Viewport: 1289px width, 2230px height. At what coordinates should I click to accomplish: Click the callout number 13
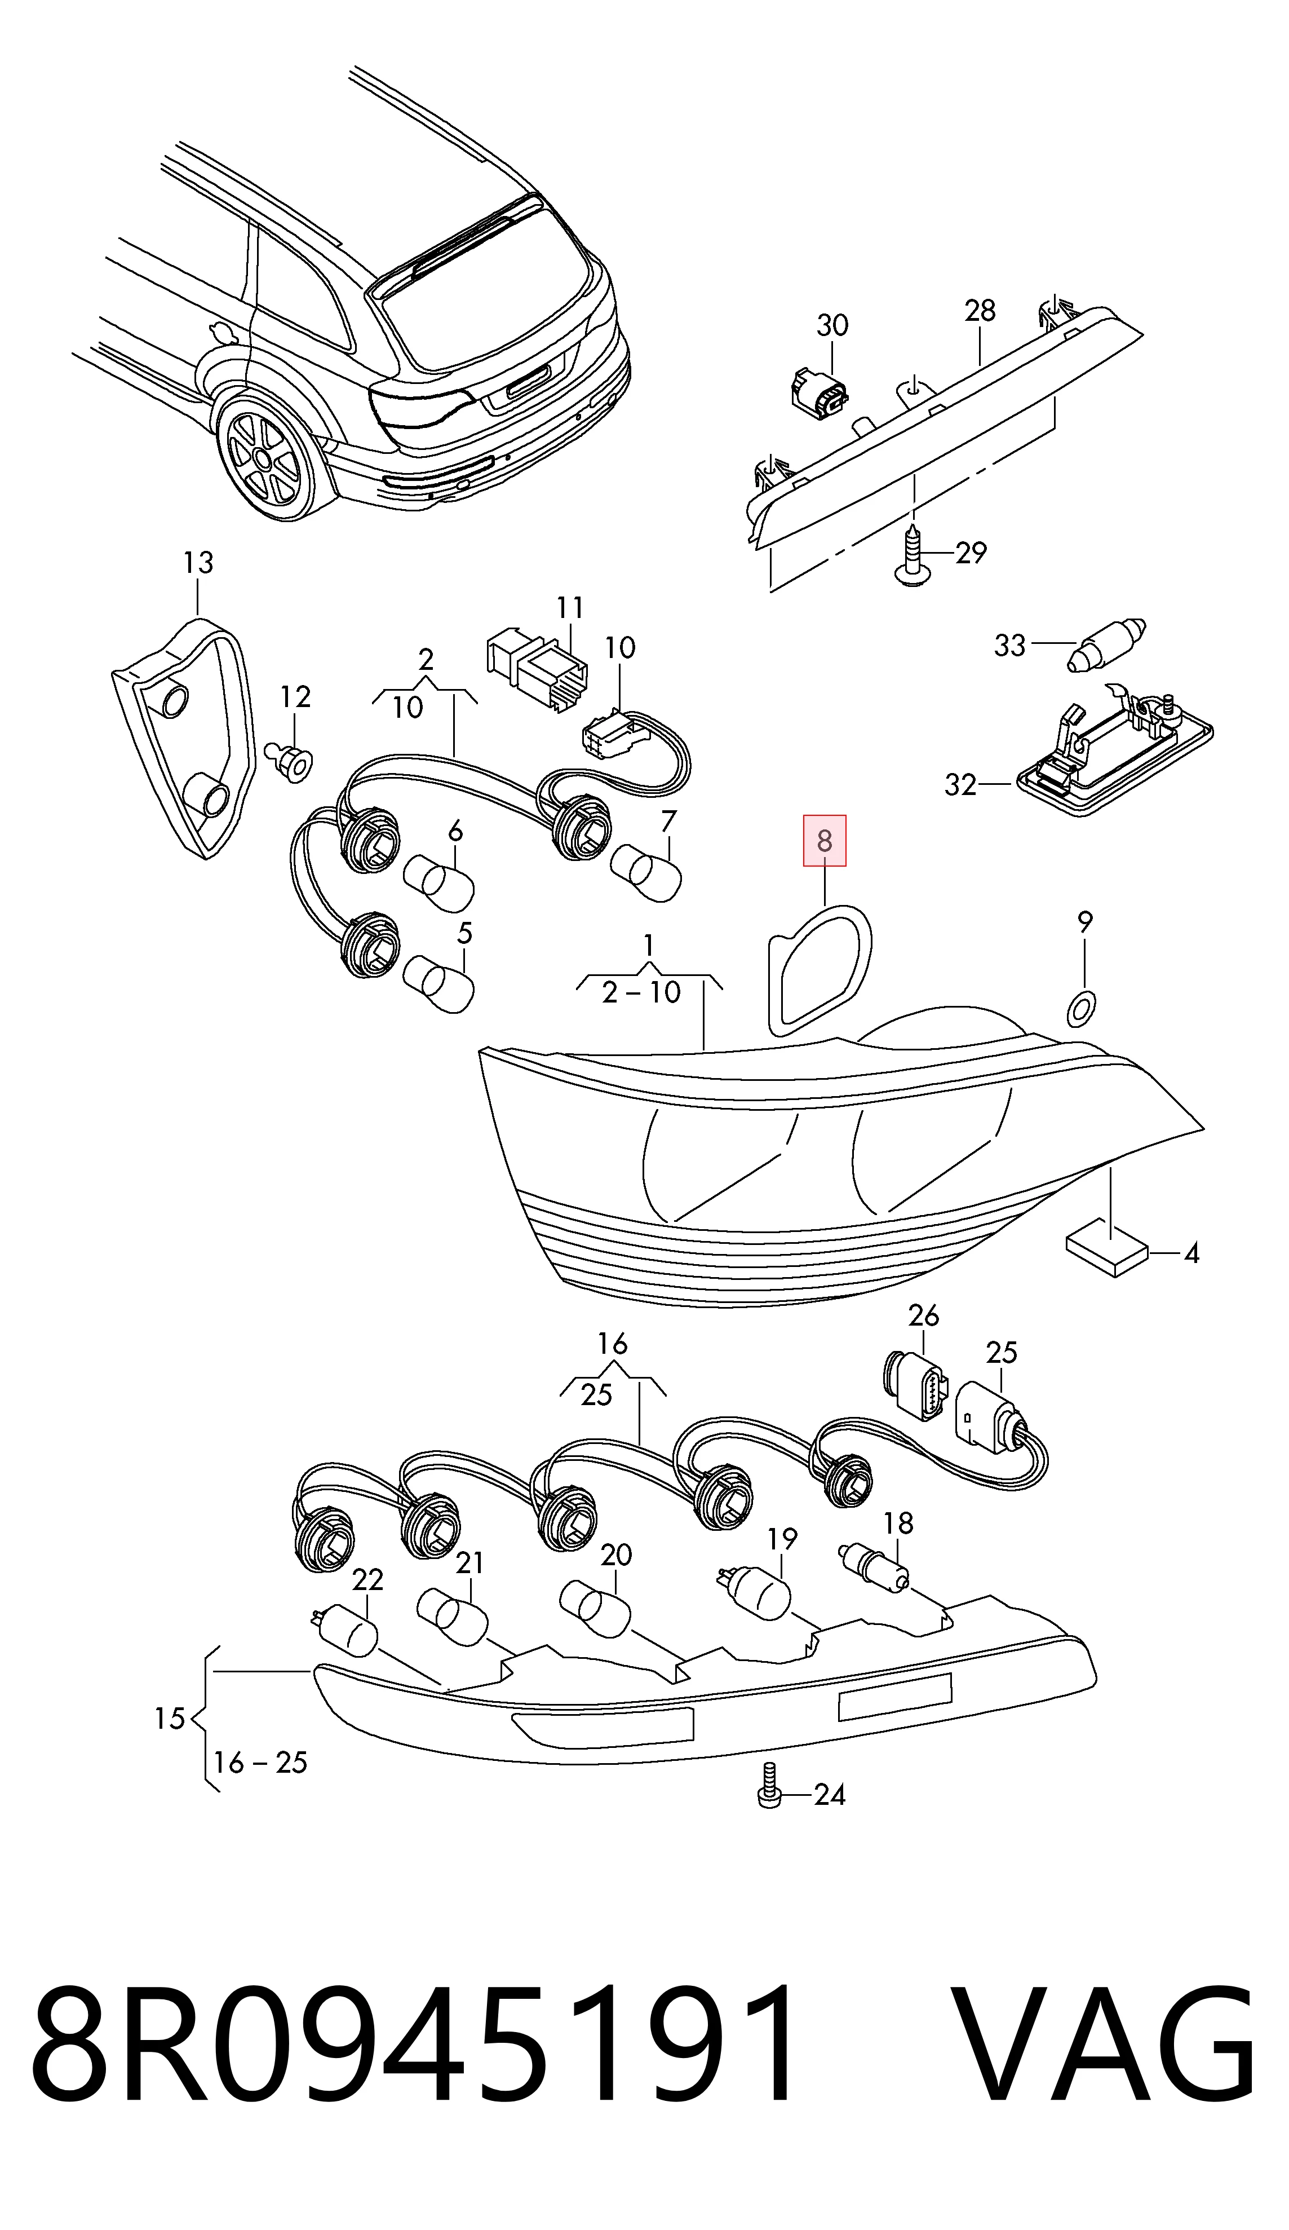point(198,563)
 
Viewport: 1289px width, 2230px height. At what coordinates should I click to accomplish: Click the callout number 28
point(980,311)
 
